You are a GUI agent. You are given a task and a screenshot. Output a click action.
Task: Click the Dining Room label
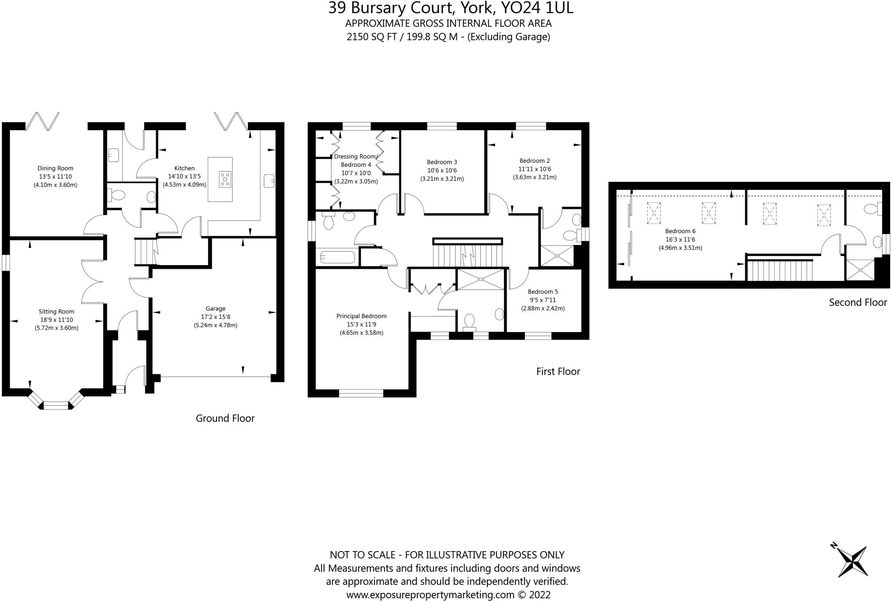pos(55,168)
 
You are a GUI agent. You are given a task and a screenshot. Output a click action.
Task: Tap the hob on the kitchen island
pos(225,179)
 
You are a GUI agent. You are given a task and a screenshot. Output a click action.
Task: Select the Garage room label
pos(216,309)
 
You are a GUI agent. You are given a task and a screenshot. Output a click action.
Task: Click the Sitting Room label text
pos(57,312)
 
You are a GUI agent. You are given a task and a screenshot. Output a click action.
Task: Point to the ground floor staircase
pos(145,252)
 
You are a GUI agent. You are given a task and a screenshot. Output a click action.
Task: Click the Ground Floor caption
pos(225,418)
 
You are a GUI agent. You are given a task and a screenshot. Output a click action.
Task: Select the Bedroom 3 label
pos(442,162)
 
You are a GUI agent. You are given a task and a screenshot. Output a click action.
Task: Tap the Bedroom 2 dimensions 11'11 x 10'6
pos(534,169)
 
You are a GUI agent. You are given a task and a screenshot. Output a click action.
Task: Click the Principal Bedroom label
pos(362,316)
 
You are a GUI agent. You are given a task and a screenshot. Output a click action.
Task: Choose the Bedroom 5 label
pos(543,292)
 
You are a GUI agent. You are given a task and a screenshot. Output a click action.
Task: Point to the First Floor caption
pos(558,371)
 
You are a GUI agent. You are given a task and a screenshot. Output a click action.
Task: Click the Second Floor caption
pos(858,303)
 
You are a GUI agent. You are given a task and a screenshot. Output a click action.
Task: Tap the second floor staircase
pos(780,270)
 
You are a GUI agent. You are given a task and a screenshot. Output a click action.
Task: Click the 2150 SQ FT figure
pos(372,37)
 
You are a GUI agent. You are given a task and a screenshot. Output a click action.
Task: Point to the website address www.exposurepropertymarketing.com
pos(430,595)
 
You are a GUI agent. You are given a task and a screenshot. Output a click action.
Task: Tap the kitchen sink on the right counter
pos(269,180)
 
